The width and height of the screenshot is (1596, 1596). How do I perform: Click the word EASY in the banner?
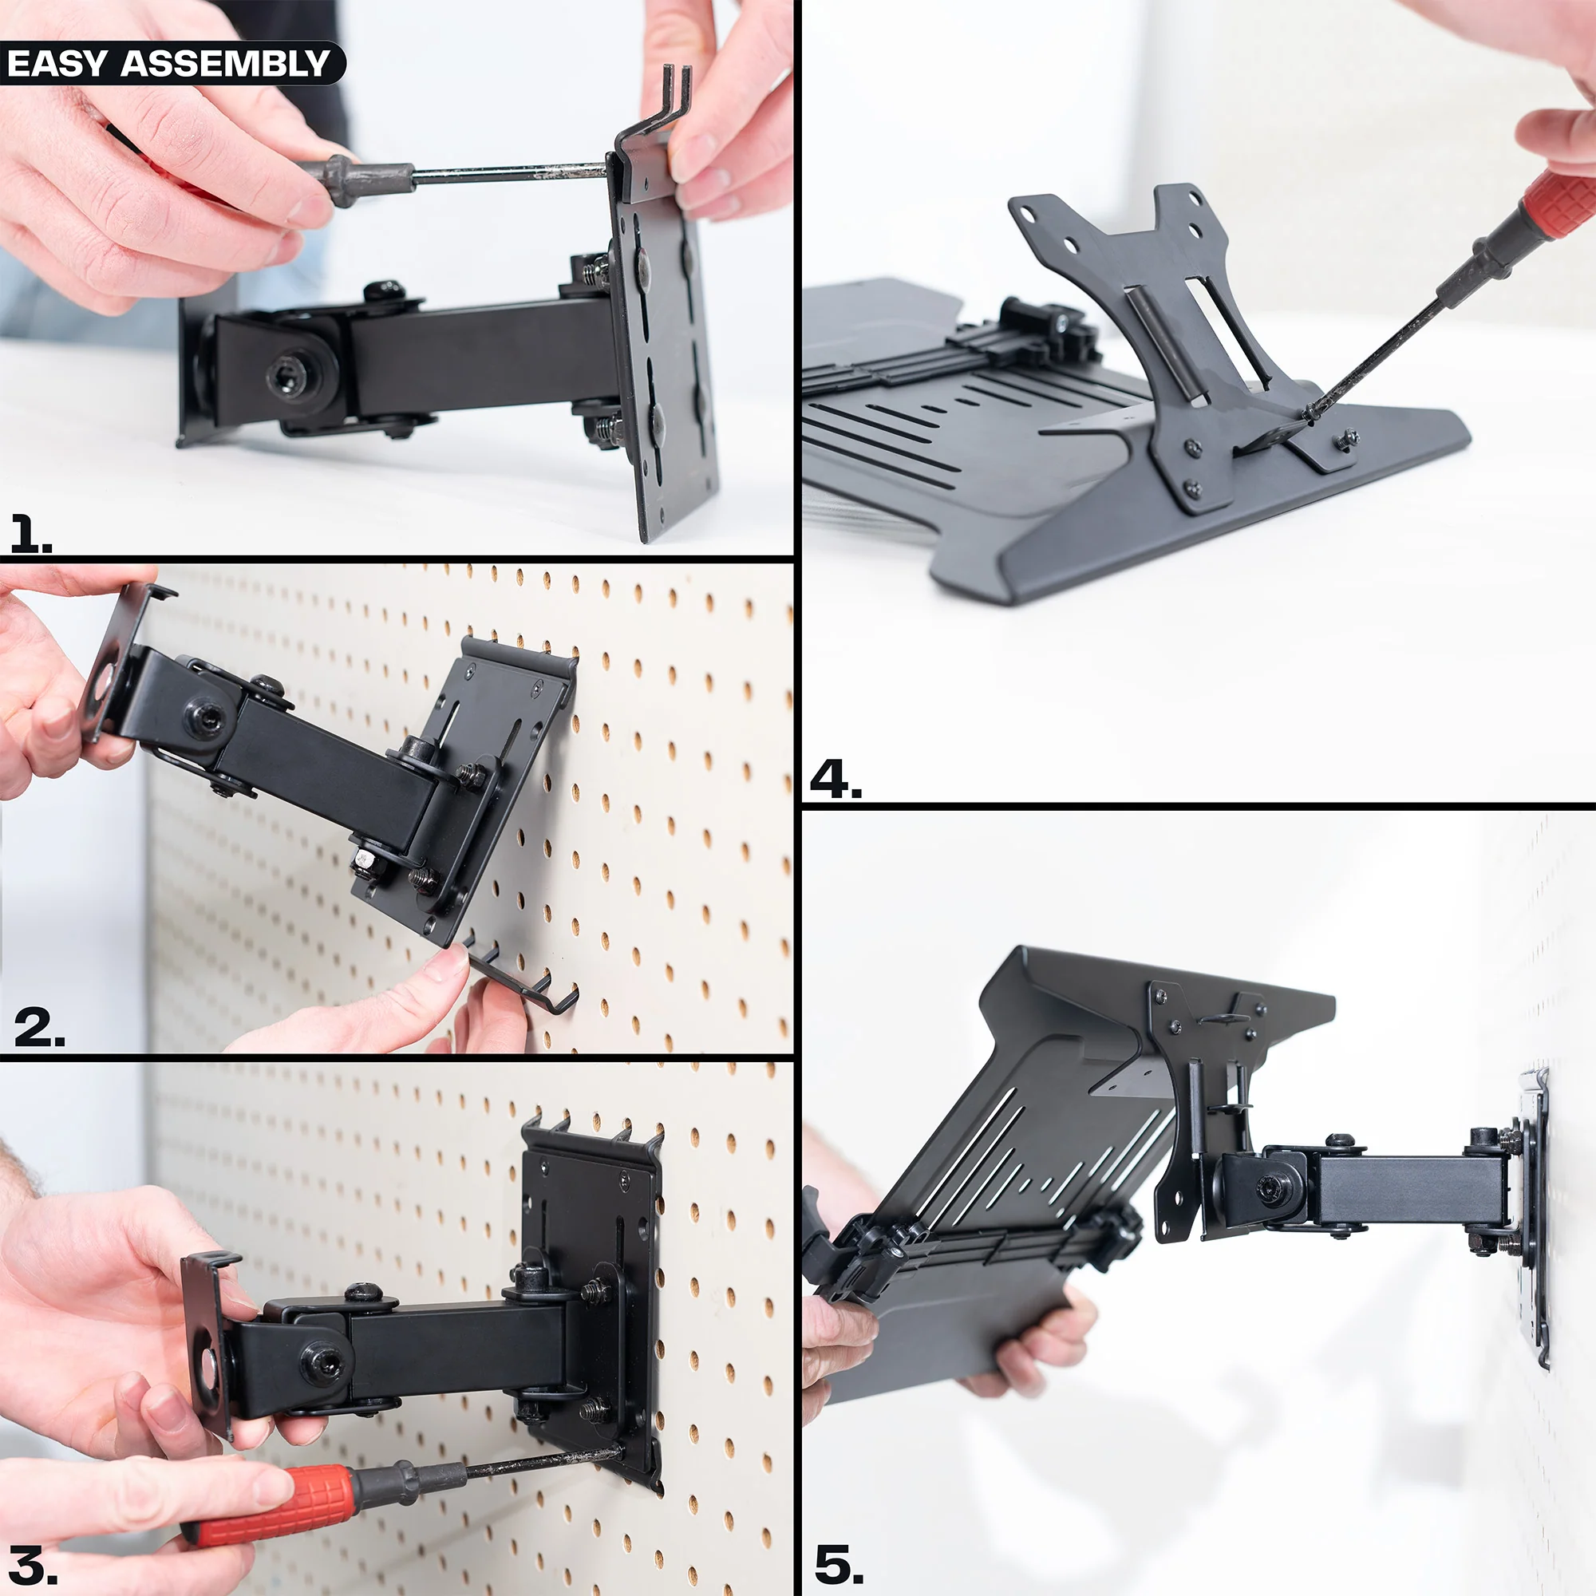pos(57,65)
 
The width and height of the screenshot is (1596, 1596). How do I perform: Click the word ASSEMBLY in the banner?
pos(226,65)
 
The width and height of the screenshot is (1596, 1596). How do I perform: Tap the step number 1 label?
pos(29,534)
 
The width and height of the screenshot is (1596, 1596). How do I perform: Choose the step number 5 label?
pos(839,1564)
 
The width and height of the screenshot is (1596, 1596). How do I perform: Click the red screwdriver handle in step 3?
pos(273,1498)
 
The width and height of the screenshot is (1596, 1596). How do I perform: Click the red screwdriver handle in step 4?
pos(1553,203)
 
